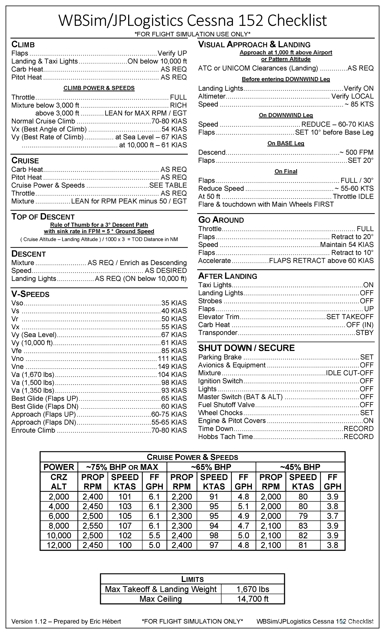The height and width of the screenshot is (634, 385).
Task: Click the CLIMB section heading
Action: (23, 44)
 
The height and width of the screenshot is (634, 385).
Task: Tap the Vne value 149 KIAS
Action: (172, 367)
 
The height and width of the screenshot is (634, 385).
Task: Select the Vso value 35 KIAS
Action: (174, 303)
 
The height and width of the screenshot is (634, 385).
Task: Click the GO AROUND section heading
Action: (221, 220)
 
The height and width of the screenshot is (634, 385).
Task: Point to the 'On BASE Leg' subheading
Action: (286, 143)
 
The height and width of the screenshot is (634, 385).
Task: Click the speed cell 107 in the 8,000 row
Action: (125, 526)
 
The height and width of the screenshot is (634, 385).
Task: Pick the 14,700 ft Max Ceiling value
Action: (253, 599)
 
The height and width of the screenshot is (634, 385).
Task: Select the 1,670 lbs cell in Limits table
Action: (253, 589)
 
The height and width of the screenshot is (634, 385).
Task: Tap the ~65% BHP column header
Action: (211, 467)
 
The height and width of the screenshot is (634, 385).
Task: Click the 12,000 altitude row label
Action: (59, 545)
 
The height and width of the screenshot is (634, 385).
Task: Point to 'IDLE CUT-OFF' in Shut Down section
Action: (350, 373)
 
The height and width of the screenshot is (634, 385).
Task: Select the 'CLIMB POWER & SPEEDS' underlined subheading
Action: (99, 88)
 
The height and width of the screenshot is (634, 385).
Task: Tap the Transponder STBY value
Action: (365, 333)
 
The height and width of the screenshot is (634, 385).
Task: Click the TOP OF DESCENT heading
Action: (43, 217)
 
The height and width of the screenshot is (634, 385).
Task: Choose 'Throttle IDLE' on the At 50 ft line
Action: (353, 196)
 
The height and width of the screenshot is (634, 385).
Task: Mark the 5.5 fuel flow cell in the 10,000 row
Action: (154, 536)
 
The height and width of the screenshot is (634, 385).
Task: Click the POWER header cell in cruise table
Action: (59, 467)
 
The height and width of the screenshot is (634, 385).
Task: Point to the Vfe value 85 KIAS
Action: (174, 351)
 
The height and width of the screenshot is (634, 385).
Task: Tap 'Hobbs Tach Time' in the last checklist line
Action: (225, 437)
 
